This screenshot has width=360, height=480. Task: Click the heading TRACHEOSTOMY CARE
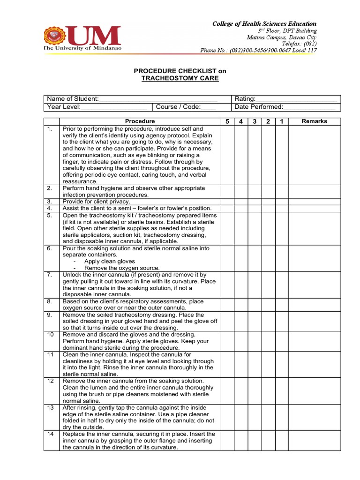click(x=180, y=78)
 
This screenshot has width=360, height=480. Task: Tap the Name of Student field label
click(x=72, y=99)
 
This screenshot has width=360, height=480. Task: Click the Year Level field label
click(x=64, y=107)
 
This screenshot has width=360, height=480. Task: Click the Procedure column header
click(x=140, y=121)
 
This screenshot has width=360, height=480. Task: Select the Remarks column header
click(x=314, y=121)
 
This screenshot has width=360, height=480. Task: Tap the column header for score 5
click(x=227, y=122)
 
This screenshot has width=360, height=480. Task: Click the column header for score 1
click(x=281, y=122)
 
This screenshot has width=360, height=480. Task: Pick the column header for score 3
click(x=255, y=122)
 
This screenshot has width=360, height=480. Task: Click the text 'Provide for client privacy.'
click(x=96, y=202)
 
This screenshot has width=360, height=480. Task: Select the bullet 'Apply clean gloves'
click(x=109, y=262)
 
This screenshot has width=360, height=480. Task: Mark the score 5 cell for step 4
click(x=227, y=208)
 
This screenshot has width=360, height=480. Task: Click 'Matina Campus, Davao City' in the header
click(x=282, y=37)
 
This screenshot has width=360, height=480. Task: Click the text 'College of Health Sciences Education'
click(x=265, y=23)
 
